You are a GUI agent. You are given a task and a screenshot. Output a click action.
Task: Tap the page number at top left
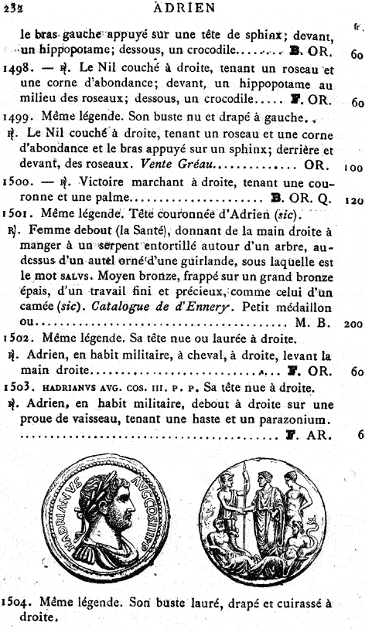click(x=13, y=8)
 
